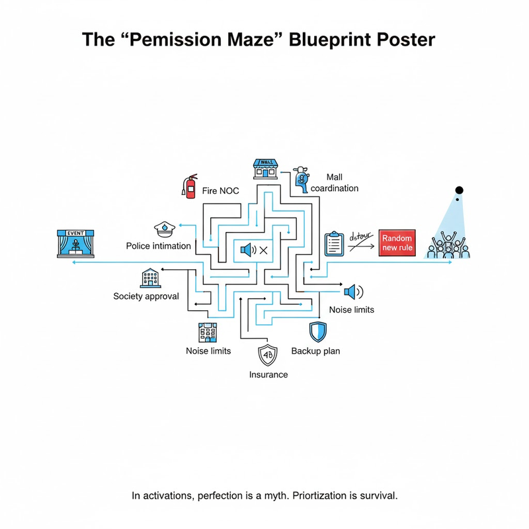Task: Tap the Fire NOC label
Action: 220,191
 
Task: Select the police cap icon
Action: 164,229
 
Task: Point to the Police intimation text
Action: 158,246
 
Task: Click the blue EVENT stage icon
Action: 76,243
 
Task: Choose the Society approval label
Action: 146,296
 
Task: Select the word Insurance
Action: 268,374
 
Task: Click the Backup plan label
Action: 315,350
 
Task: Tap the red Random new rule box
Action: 397,243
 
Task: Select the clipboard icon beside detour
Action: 335,244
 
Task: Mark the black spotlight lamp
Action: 459,190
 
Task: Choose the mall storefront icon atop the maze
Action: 265,168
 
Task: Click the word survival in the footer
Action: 378,495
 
